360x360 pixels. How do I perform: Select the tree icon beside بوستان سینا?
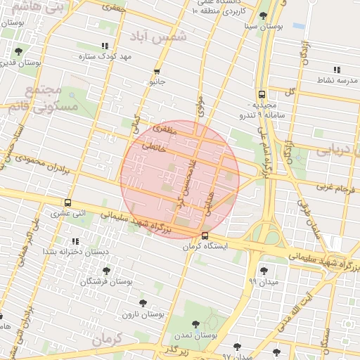(263, 15)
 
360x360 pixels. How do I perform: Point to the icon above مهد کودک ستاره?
(105, 46)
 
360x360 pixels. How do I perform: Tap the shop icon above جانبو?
(157, 72)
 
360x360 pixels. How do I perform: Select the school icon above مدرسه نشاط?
(337, 70)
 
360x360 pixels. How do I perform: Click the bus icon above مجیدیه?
(262, 94)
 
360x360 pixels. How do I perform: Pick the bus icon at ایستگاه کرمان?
(205, 236)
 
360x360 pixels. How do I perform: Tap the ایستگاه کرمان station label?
(205, 246)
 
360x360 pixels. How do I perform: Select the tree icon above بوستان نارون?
(143, 303)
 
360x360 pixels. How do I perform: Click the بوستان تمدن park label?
(195, 335)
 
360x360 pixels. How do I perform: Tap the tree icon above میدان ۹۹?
(264, 271)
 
